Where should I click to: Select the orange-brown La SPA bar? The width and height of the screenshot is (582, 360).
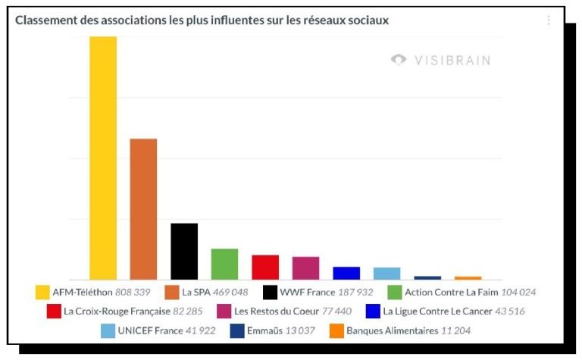pos(143,209)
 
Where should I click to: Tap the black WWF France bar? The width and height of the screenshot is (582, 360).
pos(184,252)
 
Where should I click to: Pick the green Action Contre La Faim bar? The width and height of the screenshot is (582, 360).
pos(224,265)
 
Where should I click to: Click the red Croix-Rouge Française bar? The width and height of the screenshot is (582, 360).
pos(265,268)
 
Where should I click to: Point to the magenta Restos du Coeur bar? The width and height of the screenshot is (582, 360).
pos(305,268)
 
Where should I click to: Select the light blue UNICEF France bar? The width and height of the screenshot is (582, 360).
pos(386,274)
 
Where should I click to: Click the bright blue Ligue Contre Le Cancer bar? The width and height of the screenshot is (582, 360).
pos(346,274)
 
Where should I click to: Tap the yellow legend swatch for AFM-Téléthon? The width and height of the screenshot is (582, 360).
pos(42,292)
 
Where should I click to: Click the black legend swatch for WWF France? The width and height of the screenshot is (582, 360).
pos(270,292)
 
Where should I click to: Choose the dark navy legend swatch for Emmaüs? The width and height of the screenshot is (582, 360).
pos(237,331)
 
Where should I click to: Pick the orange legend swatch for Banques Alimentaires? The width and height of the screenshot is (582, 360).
pos(336,331)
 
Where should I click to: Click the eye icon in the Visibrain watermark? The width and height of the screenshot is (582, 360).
pos(399,59)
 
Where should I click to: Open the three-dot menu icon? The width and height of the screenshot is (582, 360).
pos(548,20)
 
